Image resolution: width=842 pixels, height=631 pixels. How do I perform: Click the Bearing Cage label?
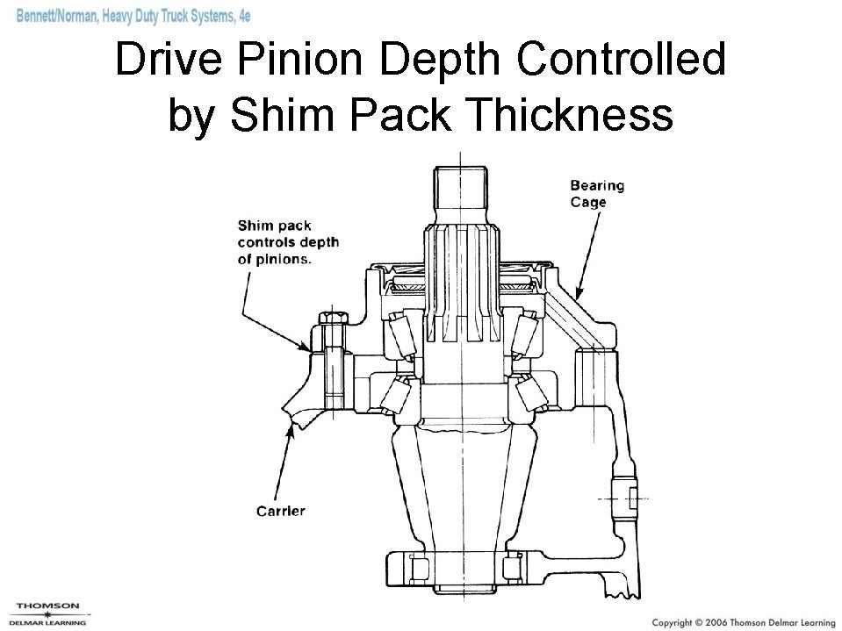(596, 193)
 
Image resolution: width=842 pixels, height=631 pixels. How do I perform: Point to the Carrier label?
(280, 510)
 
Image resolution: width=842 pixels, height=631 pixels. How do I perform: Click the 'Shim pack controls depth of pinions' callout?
(288, 242)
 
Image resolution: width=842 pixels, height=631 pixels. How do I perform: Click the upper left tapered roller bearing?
(399, 337)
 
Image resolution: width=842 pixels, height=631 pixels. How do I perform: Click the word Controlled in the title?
(622, 60)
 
